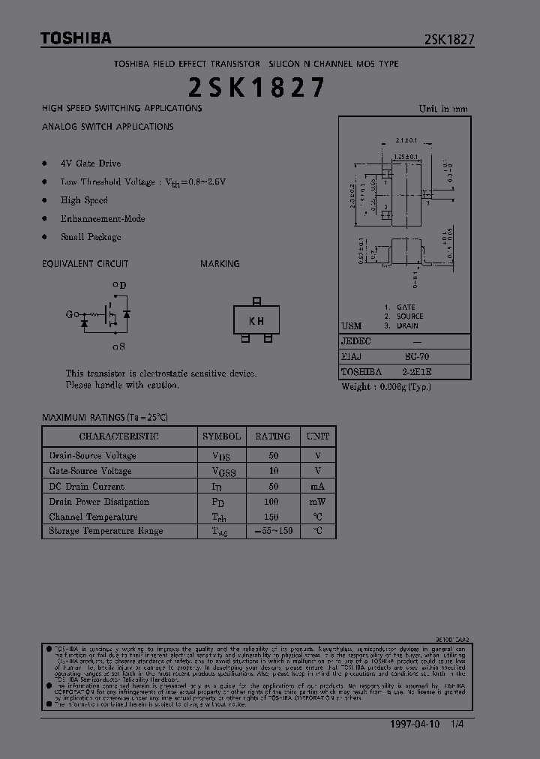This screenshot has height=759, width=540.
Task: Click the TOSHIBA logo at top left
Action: (x=76, y=38)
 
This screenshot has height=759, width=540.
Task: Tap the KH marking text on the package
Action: (x=256, y=321)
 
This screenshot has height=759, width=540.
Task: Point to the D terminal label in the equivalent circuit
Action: (x=122, y=285)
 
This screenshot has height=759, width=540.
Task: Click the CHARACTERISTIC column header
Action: (x=119, y=436)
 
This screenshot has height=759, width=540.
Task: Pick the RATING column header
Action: (x=272, y=436)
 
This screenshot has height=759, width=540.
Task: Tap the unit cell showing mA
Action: (x=318, y=486)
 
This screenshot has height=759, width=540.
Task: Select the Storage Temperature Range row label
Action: (x=106, y=531)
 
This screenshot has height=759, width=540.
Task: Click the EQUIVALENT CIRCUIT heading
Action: (x=85, y=264)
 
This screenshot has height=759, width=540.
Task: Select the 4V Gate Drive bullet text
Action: (x=91, y=163)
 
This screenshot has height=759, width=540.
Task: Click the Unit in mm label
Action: (x=442, y=109)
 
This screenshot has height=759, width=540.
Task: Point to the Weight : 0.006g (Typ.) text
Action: (x=385, y=387)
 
